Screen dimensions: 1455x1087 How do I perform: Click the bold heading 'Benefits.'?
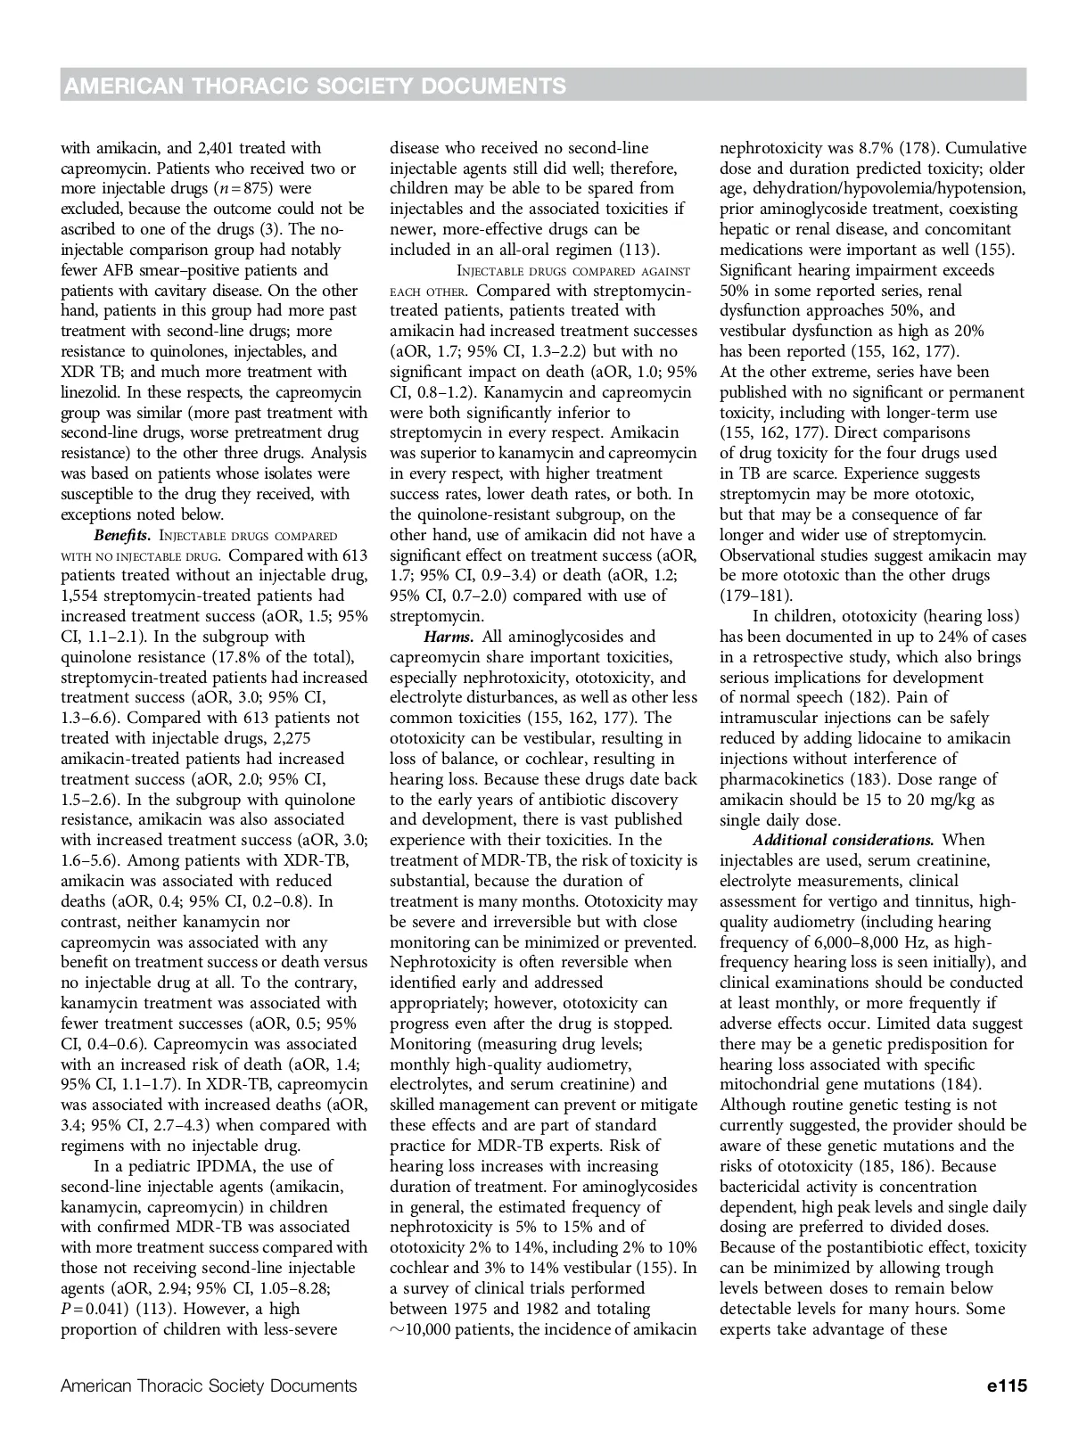122,535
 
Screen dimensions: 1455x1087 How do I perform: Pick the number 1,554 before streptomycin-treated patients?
82,596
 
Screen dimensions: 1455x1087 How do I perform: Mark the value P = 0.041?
91,1309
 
